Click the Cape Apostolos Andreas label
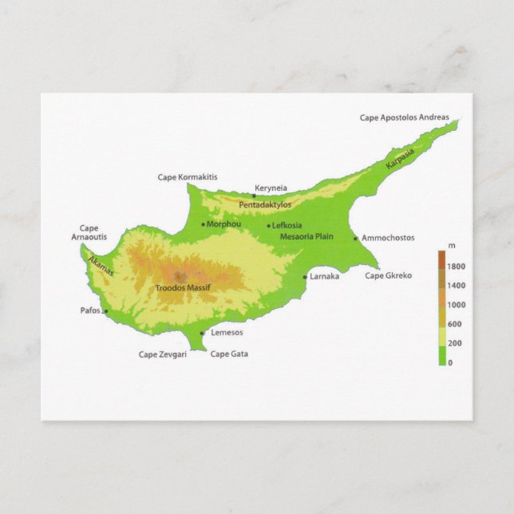pyautogui.click(x=409, y=117)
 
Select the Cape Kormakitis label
pyautogui.click(x=188, y=177)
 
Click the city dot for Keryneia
pyautogui.click(x=254, y=196)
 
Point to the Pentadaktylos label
pyautogui.click(x=265, y=205)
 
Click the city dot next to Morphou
pyautogui.click(x=204, y=225)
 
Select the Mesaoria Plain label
pyautogui.click(x=306, y=237)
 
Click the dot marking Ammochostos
pyautogui.click(x=356, y=238)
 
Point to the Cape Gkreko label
pyautogui.click(x=388, y=275)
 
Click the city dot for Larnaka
pyautogui.click(x=305, y=278)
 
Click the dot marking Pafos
pyautogui.click(x=105, y=310)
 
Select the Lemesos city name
pyautogui.click(x=227, y=333)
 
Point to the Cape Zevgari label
pyautogui.click(x=163, y=354)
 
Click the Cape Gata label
pyautogui.click(x=229, y=354)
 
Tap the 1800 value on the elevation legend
pyautogui.click(x=457, y=266)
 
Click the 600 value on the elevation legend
pyautogui.click(x=455, y=323)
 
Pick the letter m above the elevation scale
pyautogui.click(x=452, y=245)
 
